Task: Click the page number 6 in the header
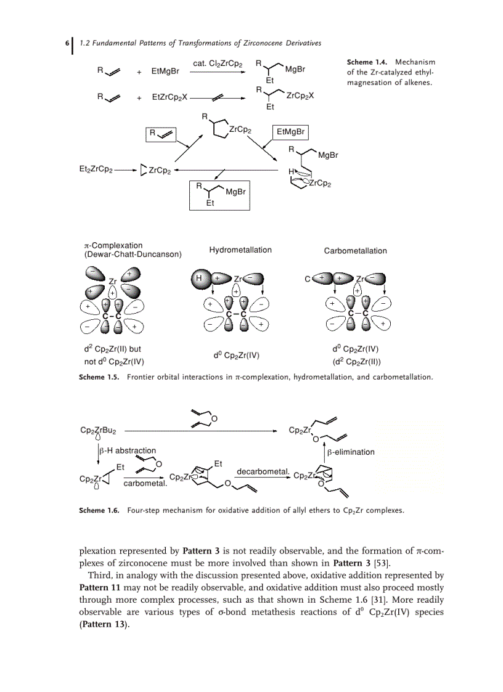(x=67, y=44)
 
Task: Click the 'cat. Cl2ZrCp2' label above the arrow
(x=218, y=63)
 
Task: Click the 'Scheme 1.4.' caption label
(x=368, y=62)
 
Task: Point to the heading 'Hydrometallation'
(x=240, y=250)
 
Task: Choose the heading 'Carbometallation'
(x=356, y=251)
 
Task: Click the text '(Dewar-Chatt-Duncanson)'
(x=133, y=254)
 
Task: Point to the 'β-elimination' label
(x=351, y=452)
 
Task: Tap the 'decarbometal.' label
(x=263, y=471)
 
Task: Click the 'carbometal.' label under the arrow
(x=145, y=484)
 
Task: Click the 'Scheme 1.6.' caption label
(x=99, y=510)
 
